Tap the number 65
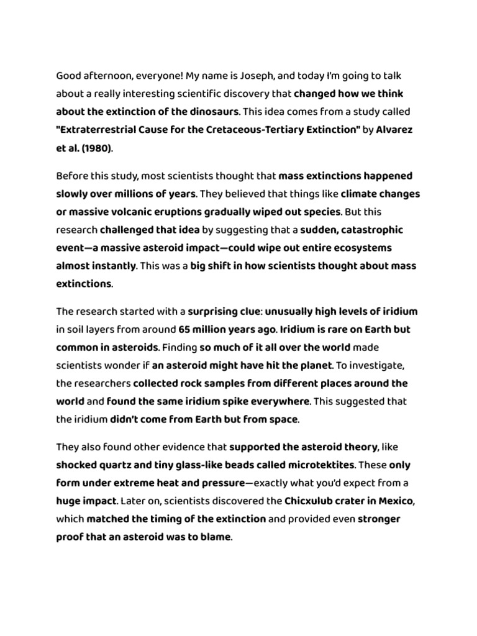pyautogui.click(x=186, y=329)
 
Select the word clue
pyautogui.click(x=246, y=311)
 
